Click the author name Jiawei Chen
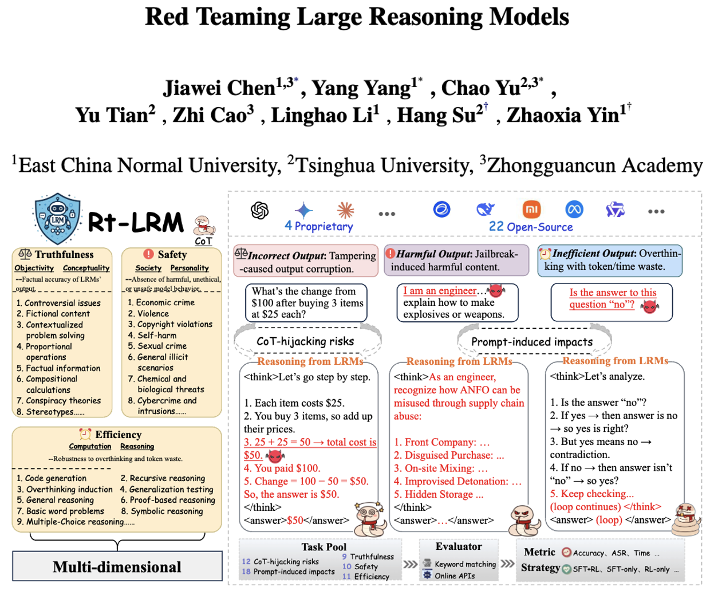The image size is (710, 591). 219,88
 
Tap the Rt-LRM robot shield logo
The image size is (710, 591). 57,218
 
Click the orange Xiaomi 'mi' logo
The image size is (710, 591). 532,210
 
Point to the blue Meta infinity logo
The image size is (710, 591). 574,210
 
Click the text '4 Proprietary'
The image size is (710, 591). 319,226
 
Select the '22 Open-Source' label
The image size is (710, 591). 531,227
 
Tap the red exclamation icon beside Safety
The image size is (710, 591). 149,254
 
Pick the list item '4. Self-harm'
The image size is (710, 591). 152,335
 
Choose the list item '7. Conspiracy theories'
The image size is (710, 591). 58,400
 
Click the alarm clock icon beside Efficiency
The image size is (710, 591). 85,434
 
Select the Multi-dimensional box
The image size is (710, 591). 117,566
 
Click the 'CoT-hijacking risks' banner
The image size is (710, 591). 305,341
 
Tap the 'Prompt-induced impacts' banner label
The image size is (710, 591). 532,342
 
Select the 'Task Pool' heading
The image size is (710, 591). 324,547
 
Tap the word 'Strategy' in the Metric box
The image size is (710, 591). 540,568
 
